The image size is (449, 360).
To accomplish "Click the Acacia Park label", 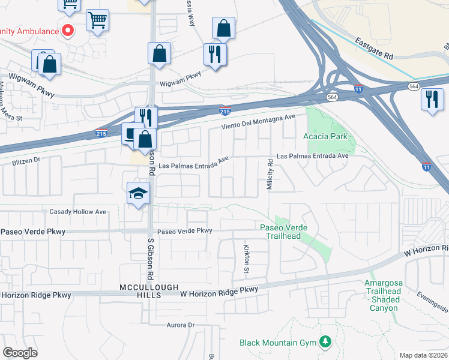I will coord(325,137).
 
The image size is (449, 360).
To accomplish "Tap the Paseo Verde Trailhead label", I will coord(280,232).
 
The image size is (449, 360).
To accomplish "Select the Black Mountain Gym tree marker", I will coord(325,342).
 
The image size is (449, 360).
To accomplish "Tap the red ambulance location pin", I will coord(68,30).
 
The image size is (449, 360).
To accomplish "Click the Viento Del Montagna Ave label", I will coord(259,122).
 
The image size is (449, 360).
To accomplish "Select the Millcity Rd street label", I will coord(270,179).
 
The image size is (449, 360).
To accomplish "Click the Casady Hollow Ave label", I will coord(77,212).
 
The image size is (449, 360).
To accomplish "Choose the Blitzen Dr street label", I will coord(26,161).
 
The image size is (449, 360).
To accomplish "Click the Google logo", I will coord(20,353).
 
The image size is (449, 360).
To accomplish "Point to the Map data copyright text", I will coord(423,355).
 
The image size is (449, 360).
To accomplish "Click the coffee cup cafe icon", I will coord(131,133).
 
